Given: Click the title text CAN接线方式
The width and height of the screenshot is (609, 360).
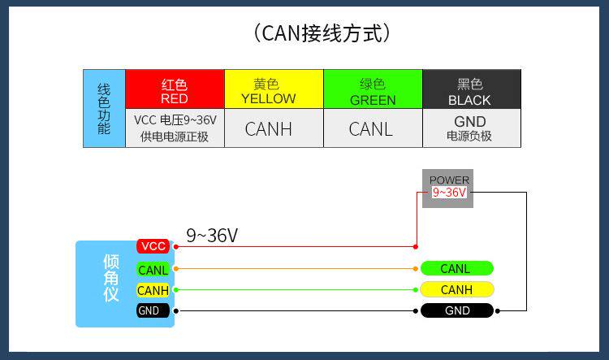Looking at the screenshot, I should click(322, 33).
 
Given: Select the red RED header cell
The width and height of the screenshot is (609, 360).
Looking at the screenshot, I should click(175, 89).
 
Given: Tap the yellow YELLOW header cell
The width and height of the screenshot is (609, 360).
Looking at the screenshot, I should click(274, 89).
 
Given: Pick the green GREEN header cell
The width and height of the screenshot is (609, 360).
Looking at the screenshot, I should click(373, 89).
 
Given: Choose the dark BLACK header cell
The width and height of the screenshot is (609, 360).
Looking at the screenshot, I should click(471, 89).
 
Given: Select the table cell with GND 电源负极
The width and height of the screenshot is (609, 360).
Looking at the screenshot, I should click(470, 128).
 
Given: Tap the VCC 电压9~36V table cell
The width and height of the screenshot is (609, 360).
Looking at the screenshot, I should click(175, 128).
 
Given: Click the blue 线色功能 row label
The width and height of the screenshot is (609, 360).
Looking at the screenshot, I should click(104, 108).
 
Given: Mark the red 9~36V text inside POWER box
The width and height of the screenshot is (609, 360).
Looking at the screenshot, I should click(449, 193).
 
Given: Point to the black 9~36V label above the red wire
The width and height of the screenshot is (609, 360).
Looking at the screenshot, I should click(212, 236).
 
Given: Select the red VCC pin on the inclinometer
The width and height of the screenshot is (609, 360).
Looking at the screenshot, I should click(153, 246).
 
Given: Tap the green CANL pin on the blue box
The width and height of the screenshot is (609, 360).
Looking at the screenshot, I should click(153, 269).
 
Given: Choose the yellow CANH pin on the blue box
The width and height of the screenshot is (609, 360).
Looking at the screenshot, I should click(153, 290).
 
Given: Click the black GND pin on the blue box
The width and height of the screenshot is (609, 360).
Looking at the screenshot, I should click(153, 310).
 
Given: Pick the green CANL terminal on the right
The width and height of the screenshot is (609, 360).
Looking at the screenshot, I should click(456, 269).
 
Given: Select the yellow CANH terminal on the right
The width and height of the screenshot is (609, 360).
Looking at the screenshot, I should click(456, 289).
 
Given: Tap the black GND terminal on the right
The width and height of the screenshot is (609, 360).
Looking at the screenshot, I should click(456, 310).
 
